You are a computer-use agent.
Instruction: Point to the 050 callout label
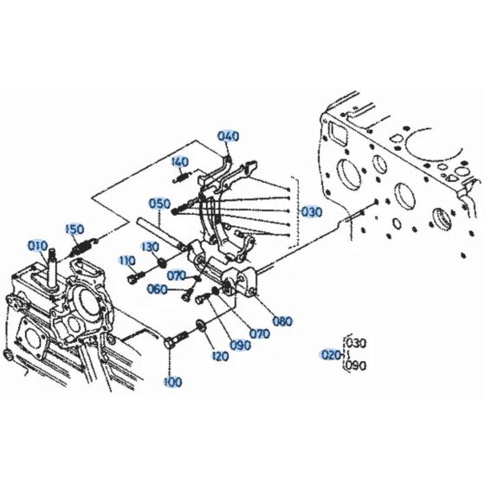pos(158,204)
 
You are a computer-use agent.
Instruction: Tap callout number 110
pos(127,261)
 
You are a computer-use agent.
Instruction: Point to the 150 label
pos(75,229)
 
